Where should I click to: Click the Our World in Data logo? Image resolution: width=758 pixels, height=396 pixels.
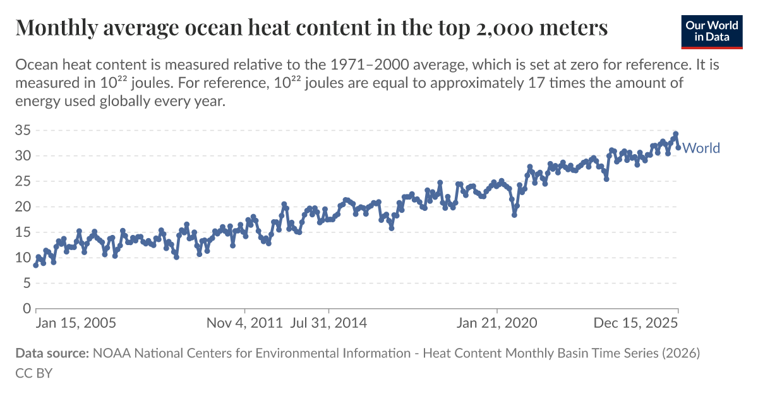pyautogui.click(x=711, y=30)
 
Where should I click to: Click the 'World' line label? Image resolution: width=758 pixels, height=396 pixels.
pyautogui.click(x=701, y=148)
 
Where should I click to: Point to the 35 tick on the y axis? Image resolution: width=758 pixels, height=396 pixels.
pyautogui.click(x=23, y=131)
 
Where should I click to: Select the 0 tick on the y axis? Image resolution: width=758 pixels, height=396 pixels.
pyautogui.click(x=27, y=309)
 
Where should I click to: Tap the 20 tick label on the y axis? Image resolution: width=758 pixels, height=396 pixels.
pyautogui.click(x=23, y=207)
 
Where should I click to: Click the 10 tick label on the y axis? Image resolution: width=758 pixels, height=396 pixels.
pyautogui.click(x=23, y=258)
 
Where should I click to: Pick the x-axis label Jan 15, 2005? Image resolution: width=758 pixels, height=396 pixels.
pyautogui.click(x=76, y=323)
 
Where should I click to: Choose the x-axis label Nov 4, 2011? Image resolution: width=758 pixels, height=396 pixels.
pyautogui.click(x=245, y=323)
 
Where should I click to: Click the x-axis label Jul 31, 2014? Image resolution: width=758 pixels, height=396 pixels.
pyautogui.click(x=328, y=323)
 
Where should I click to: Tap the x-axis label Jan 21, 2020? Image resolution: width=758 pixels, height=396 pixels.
pyautogui.click(x=497, y=323)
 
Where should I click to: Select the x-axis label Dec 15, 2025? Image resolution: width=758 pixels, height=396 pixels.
pyautogui.click(x=635, y=323)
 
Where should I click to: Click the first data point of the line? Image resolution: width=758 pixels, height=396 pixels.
pyautogui.click(x=36, y=265)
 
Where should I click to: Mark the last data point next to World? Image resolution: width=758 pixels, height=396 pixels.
pyautogui.click(x=678, y=148)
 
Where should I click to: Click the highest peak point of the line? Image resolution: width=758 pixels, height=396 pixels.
pyautogui.click(x=675, y=134)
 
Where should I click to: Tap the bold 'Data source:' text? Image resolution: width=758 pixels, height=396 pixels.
pyautogui.click(x=52, y=354)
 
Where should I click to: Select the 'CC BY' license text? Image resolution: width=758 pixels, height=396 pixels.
pyautogui.click(x=33, y=373)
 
